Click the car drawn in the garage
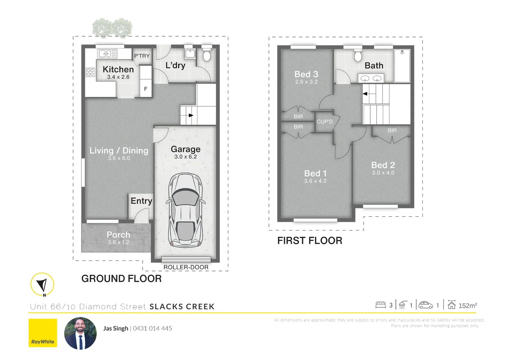coord(186,210)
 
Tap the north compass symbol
coord(42,284)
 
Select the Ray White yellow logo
coord(43,333)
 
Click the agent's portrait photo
coord(80,333)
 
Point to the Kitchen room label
coord(118,69)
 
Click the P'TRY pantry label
coord(142,56)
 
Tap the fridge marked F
coord(146,89)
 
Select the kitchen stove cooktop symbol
coord(90,72)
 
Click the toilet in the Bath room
coord(358,56)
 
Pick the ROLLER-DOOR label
coord(186,267)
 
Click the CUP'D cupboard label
coord(325,122)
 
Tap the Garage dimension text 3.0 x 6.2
coord(186,157)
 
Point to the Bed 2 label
coord(383,165)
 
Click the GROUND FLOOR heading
coord(121,279)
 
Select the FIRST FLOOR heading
coord(310,241)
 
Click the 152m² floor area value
coord(468,306)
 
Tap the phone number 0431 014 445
coord(152,328)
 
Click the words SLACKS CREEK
coord(182,307)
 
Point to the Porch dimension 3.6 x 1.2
coord(118,242)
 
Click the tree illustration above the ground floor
coord(112,28)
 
